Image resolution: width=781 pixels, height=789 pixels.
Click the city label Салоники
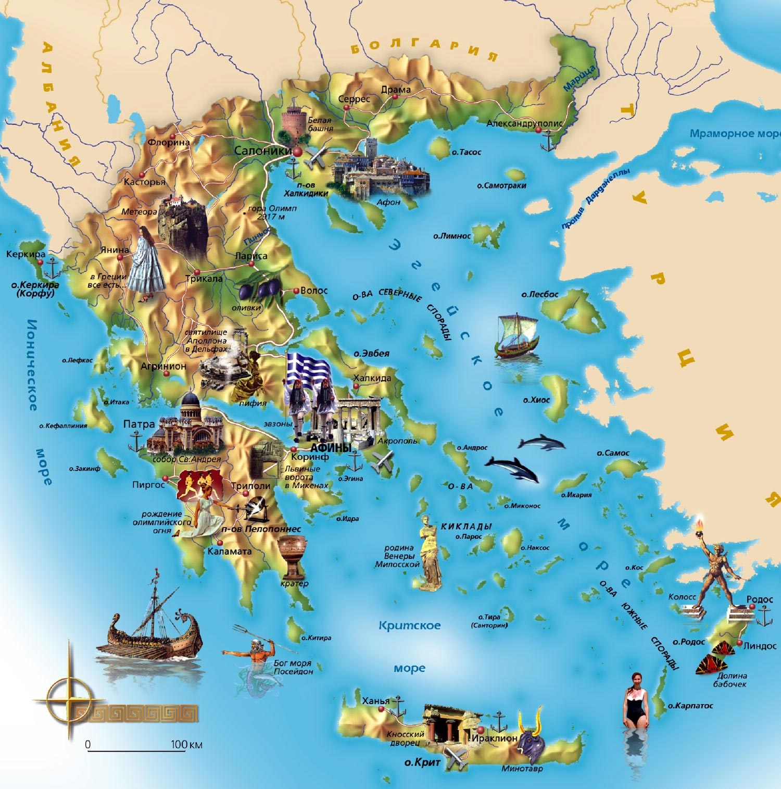pos(262,151)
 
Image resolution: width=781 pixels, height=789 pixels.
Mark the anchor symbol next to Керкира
pos(53,269)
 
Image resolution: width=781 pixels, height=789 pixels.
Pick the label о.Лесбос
pos(540,295)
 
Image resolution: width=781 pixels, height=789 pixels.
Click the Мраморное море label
pos(734,134)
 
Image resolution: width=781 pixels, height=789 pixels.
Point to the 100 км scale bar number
pos(179,744)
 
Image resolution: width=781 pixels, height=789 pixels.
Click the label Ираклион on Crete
pos(494,738)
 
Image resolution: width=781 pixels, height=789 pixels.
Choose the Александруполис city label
pos(524,123)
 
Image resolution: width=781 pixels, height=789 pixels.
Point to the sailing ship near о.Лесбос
pos(516,337)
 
